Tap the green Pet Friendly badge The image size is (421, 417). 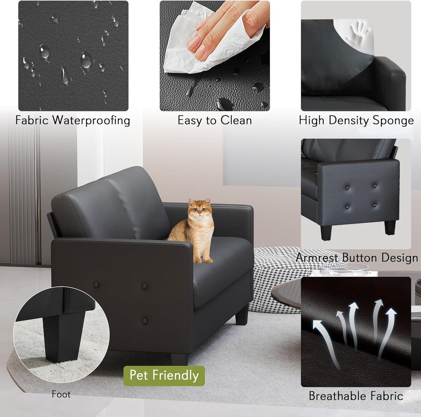(164, 376)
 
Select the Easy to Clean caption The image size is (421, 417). (215, 120)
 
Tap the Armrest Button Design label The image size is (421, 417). (357, 258)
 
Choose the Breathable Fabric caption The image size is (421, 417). (356, 396)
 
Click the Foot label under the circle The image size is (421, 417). (61, 394)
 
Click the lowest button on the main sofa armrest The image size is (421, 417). (144, 322)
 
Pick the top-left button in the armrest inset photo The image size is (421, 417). (347, 188)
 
